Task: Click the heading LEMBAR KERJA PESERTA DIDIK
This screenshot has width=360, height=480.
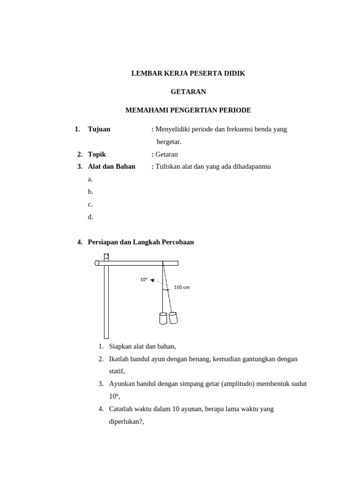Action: coord(188,73)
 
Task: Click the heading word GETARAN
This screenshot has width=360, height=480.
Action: coord(188,91)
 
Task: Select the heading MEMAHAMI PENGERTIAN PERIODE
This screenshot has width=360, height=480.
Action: coord(188,110)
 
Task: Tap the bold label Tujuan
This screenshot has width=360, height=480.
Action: coord(99,129)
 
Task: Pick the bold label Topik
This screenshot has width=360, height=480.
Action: coord(97,154)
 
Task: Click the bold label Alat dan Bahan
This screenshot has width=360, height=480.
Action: coord(112,166)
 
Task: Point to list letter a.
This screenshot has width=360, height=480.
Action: coord(90,179)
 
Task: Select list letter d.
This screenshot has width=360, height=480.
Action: coord(90,217)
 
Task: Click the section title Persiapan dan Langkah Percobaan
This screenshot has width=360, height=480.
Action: coord(141,242)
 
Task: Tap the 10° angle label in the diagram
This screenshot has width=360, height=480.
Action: coord(143,279)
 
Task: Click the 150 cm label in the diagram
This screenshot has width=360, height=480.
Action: coord(182,287)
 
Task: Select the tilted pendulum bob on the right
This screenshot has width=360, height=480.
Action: coord(173,318)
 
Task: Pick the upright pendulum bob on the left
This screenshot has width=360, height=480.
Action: coord(163,318)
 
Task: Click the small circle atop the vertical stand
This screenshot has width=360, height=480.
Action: coord(106,256)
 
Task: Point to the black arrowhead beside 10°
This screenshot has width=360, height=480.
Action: coord(152,280)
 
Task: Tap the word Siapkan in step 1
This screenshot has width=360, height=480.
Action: coord(121,346)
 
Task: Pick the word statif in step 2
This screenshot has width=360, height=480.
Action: coord(117,371)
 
